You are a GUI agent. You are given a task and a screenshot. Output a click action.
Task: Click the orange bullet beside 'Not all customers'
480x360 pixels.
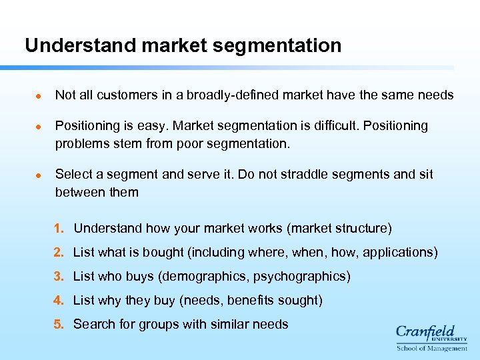pyautogui.click(x=38, y=96)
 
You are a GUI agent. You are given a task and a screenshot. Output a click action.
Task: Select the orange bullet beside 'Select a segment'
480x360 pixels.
pyautogui.click(x=38, y=175)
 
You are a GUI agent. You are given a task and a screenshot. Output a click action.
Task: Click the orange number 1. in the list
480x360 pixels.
pyautogui.click(x=59, y=229)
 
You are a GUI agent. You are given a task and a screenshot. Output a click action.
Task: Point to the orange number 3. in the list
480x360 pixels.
pyautogui.click(x=59, y=277)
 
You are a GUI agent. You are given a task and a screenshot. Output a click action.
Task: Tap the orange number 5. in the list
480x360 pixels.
pyautogui.click(x=59, y=325)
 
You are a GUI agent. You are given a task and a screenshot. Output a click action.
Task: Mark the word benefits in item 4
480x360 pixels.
pyautogui.click(x=251, y=301)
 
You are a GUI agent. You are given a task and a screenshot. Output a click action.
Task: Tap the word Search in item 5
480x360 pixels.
pyautogui.click(x=92, y=325)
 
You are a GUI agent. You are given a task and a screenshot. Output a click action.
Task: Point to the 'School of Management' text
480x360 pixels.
pyautogui.click(x=432, y=348)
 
